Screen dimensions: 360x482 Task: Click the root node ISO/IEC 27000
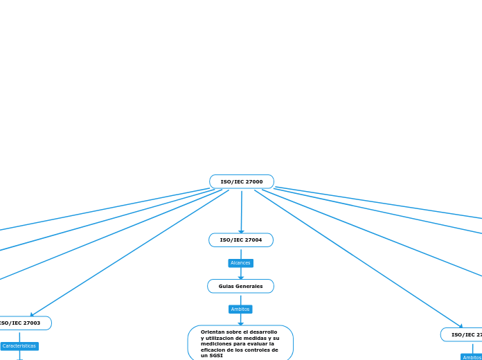[242, 181]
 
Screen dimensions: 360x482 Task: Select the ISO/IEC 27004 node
[241, 240]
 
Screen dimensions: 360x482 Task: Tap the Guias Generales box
[240, 286]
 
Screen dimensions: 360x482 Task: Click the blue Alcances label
[240, 263]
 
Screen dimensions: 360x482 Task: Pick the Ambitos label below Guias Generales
[240, 309]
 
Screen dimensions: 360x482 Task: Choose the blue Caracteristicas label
[19, 346]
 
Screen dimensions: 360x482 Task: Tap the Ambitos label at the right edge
[472, 357]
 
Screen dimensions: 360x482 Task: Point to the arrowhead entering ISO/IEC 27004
[241, 231]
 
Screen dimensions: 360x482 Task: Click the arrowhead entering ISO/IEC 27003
[32, 315]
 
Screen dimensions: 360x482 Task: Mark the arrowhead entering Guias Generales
[241, 278]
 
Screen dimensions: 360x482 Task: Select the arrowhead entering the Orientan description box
[241, 323]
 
